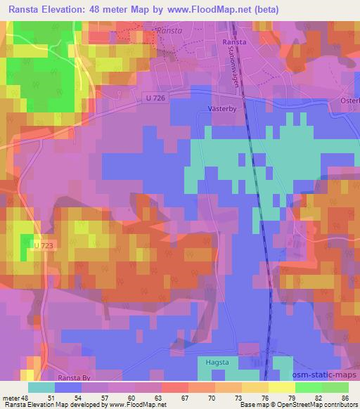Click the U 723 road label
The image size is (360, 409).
coord(42,244)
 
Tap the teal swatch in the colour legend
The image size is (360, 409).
coord(41,387)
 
